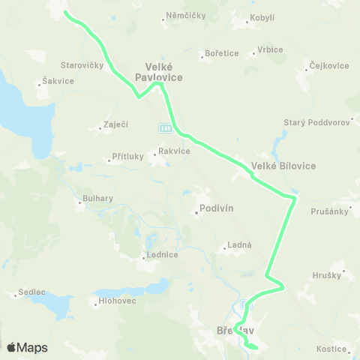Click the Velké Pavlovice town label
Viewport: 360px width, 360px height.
point(159,70)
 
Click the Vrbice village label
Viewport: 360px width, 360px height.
point(270,49)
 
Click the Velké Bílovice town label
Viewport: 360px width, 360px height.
point(283,166)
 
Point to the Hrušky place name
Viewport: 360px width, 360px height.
point(328,276)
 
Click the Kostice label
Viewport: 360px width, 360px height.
point(331,349)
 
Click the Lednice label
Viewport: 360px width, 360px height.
point(162,254)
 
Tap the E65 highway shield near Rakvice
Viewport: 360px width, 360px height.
point(166,129)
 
